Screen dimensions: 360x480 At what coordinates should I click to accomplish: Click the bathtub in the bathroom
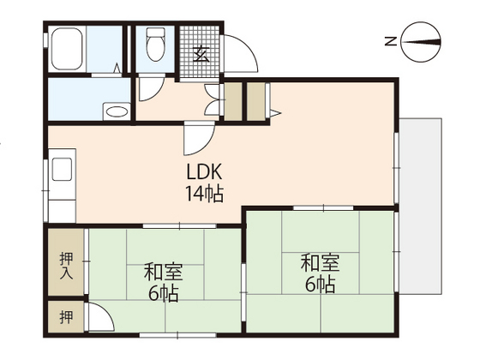[x=67, y=51]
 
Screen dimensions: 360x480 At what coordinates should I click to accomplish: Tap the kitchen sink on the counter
[x=63, y=169]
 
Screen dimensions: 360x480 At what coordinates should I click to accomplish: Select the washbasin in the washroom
[x=115, y=111]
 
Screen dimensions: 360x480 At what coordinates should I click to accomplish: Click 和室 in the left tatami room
[x=161, y=273]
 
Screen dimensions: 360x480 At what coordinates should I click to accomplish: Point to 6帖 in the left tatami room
[x=161, y=294]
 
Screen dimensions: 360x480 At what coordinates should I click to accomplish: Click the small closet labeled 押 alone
[x=65, y=317]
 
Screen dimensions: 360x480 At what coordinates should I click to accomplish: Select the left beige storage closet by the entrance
[x=231, y=101]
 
